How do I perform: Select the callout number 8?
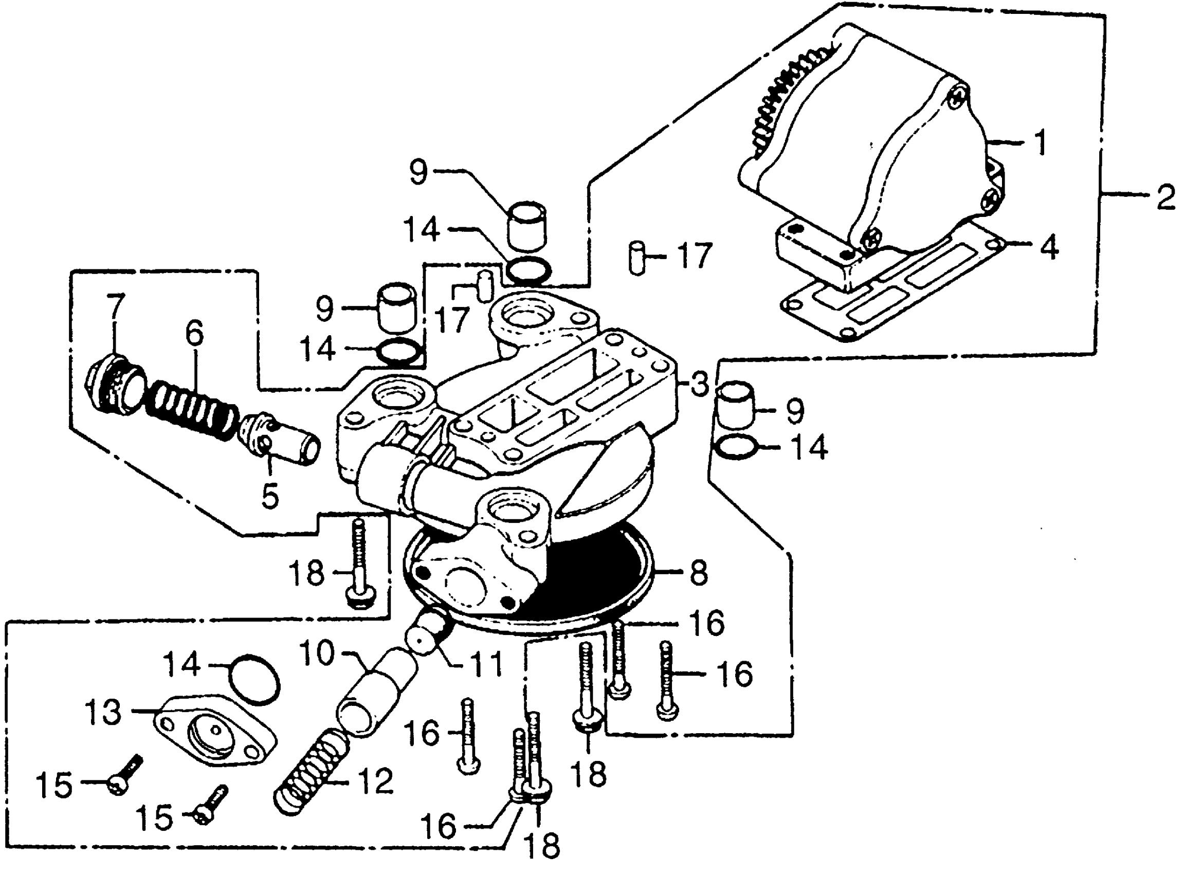pos(698,572)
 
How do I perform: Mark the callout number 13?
pos(103,712)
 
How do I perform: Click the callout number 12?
pos(375,781)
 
